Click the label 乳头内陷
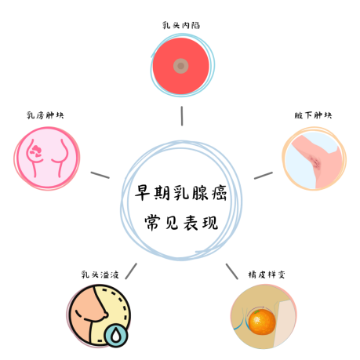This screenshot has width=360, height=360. click(x=181, y=25)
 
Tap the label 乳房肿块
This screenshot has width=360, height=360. click(x=45, y=115)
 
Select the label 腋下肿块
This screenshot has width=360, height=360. click(x=313, y=115)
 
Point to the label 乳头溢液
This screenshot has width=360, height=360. click(x=100, y=275)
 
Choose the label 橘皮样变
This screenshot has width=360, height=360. click(x=267, y=275)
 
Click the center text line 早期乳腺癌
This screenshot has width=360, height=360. click(x=180, y=193)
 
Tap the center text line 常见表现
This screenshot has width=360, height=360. click(x=181, y=223)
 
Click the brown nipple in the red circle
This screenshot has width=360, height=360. click(x=180, y=66)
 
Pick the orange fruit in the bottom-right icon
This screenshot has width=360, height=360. click(x=262, y=322)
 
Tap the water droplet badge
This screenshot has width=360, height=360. click(x=116, y=335)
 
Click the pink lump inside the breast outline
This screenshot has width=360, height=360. click(x=35, y=151)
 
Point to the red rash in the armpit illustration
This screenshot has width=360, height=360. click(x=315, y=162)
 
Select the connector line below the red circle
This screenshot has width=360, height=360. click(x=182, y=116)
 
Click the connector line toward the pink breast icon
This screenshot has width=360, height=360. click(x=100, y=175)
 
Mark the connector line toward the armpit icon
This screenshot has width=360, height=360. click(x=264, y=176)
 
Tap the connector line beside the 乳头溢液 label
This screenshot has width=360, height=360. click(x=131, y=271)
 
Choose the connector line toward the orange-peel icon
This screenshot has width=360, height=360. click(x=232, y=271)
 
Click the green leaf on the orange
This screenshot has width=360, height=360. click(x=257, y=311)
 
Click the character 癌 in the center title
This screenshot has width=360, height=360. click(x=219, y=193)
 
